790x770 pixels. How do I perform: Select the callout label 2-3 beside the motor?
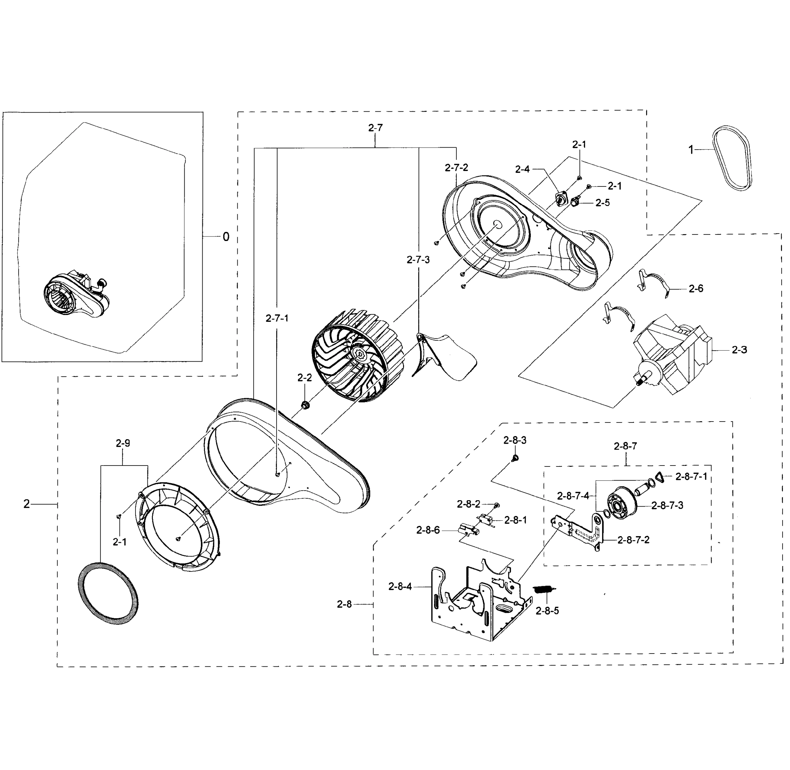click(x=739, y=350)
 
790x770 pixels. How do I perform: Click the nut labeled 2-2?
click(x=305, y=405)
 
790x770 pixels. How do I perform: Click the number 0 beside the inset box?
click(x=225, y=237)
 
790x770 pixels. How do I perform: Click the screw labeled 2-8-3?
click(x=515, y=458)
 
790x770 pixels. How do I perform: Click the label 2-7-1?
click(x=277, y=318)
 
